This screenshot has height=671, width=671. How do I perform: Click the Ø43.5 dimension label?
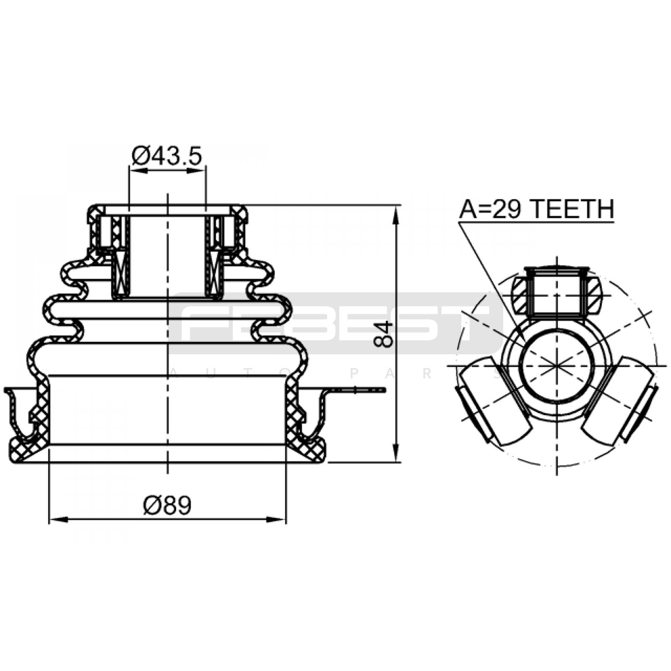point(167,156)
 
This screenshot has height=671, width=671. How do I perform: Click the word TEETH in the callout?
point(573,209)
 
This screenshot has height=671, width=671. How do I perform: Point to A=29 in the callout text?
point(492,209)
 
